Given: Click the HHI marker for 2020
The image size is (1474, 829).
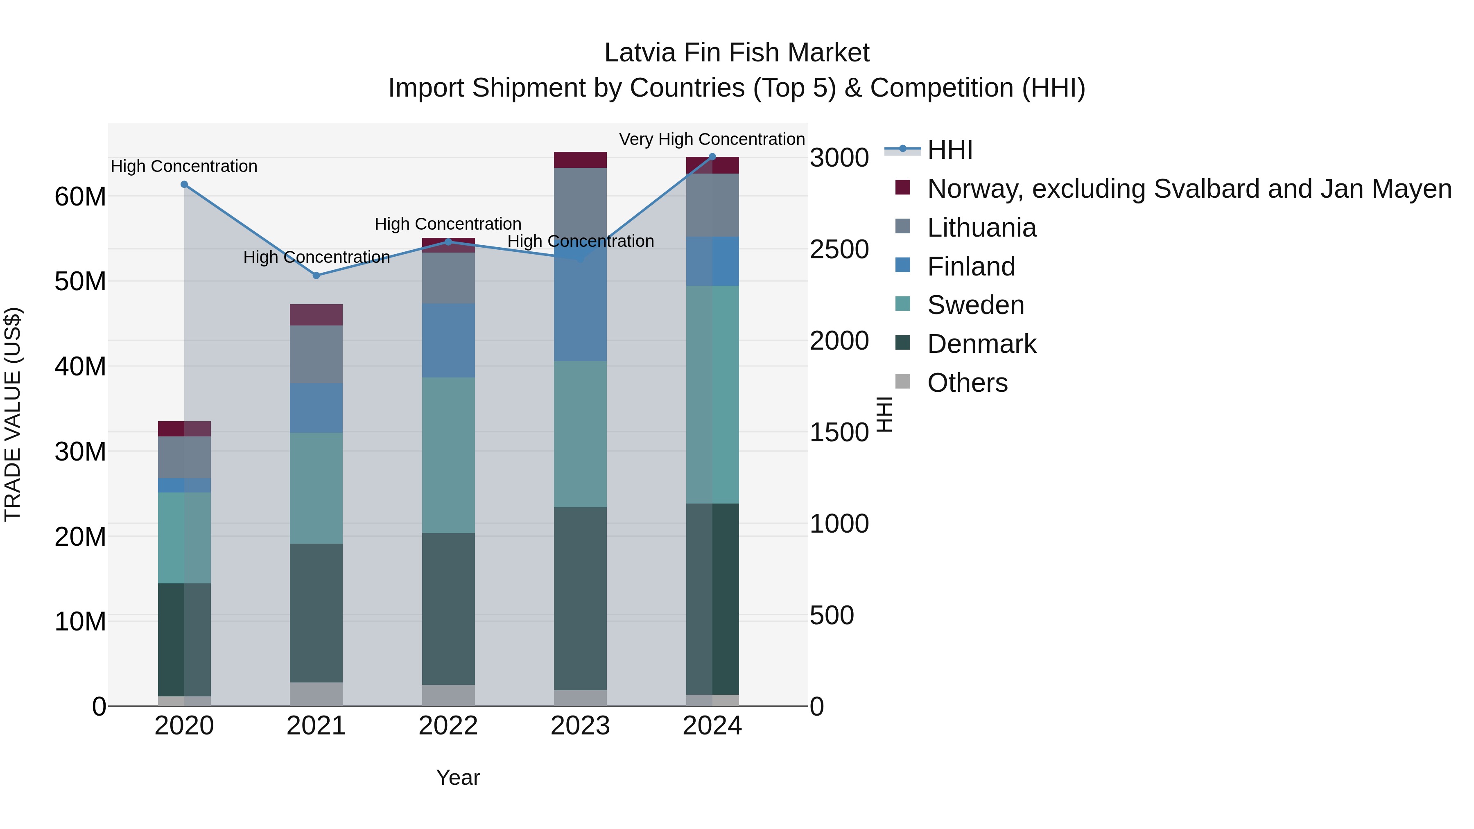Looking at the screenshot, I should [184, 184].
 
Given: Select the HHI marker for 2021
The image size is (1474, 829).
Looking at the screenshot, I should [317, 275].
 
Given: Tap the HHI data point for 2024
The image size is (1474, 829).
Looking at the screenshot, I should [712, 157].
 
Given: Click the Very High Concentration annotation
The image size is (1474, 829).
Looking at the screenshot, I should [712, 139].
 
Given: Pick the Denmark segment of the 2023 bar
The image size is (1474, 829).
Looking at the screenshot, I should [580, 599].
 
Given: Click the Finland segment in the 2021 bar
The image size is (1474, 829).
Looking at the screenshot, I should [317, 407].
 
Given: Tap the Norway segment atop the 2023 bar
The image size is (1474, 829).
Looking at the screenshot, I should [580, 160].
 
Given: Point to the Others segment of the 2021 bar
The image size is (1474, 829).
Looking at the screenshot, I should [317, 694].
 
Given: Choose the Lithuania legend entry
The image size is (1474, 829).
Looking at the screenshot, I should [981, 228].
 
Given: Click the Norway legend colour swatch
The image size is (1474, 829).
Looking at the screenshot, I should [902, 187].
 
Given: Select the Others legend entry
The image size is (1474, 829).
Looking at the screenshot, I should [967, 383].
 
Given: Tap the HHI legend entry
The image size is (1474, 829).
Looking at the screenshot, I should [950, 150].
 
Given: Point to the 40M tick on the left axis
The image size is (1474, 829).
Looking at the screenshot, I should [80, 366].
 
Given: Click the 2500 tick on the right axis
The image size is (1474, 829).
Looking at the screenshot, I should [839, 249].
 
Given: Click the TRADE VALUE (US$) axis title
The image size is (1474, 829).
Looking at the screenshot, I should [13, 414].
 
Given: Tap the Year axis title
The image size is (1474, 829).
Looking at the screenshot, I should [458, 777].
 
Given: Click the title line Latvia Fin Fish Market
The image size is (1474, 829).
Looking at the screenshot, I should [737, 53].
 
